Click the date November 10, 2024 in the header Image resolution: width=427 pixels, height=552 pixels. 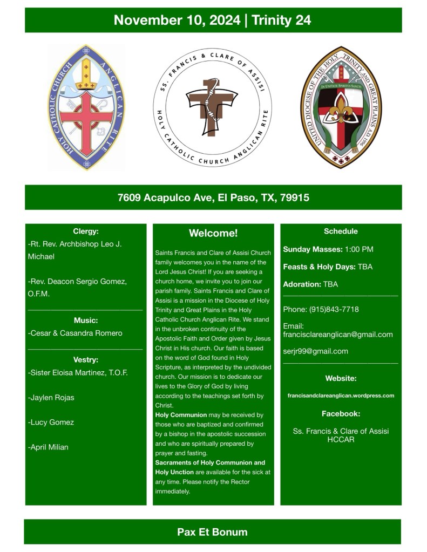click(177, 20)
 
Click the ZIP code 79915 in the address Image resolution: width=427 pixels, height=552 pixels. click(295, 197)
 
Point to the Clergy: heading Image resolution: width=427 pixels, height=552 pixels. click(85, 231)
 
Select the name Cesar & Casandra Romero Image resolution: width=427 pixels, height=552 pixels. click(75, 333)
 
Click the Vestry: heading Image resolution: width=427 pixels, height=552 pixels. click(85, 360)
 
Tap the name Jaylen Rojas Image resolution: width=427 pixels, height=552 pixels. click(51, 398)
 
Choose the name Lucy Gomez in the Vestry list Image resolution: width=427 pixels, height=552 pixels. click(51, 422)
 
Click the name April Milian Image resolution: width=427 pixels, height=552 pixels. click(48, 447)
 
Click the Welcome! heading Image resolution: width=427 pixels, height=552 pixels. click(213, 234)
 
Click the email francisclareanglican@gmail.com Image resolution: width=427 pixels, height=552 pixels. click(338, 335)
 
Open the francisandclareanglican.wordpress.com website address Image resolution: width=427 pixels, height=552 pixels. click(341, 396)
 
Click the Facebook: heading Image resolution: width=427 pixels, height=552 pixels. click(341, 414)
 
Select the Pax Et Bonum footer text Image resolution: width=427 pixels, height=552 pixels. click(212, 532)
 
